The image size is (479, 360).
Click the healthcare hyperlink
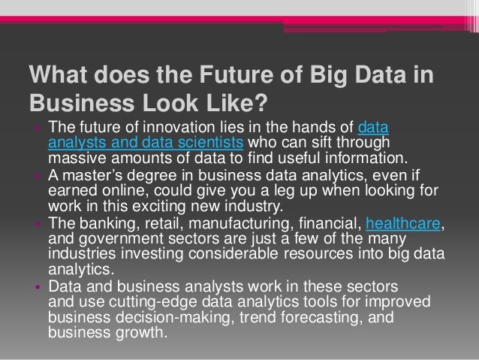(404, 224)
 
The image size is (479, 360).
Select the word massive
(71, 159)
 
